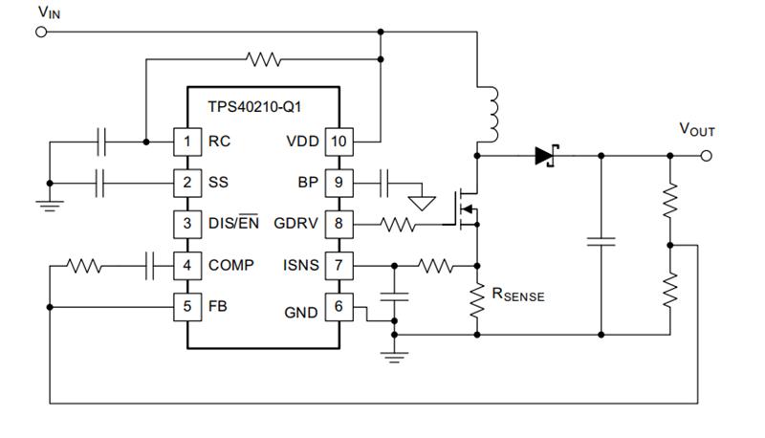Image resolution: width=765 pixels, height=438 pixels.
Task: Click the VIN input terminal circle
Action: coord(41,33)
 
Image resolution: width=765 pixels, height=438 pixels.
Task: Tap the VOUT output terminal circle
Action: coord(706,156)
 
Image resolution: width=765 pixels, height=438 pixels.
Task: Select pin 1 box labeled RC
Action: coord(187,142)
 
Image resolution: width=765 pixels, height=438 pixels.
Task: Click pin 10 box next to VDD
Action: coord(339,142)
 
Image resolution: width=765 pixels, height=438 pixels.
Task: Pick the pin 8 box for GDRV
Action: coord(339,224)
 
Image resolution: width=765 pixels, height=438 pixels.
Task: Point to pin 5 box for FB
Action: coord(187,307)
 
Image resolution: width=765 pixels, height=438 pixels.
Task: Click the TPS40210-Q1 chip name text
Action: coord(254,107)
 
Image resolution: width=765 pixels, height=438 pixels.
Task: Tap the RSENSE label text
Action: coord(518,295)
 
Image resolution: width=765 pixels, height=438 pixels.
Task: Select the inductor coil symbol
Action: coord(491,115)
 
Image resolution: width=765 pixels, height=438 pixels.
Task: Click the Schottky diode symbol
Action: coord(546,156)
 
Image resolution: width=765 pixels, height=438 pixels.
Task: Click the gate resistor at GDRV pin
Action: coord(398,225)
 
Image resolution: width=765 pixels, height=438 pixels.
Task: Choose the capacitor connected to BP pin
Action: coord(384,184)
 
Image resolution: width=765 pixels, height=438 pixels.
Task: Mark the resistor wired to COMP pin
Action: coord(84,266)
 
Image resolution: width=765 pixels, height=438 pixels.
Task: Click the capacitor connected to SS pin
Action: coord(100,184)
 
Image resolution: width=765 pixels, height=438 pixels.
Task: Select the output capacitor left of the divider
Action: coord(601,241)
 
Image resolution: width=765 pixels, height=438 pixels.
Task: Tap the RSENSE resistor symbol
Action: coord(476,300)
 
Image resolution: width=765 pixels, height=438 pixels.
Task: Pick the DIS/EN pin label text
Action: coord(233,223)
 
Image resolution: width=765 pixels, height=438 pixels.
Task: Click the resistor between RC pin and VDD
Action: coord(264,59)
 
